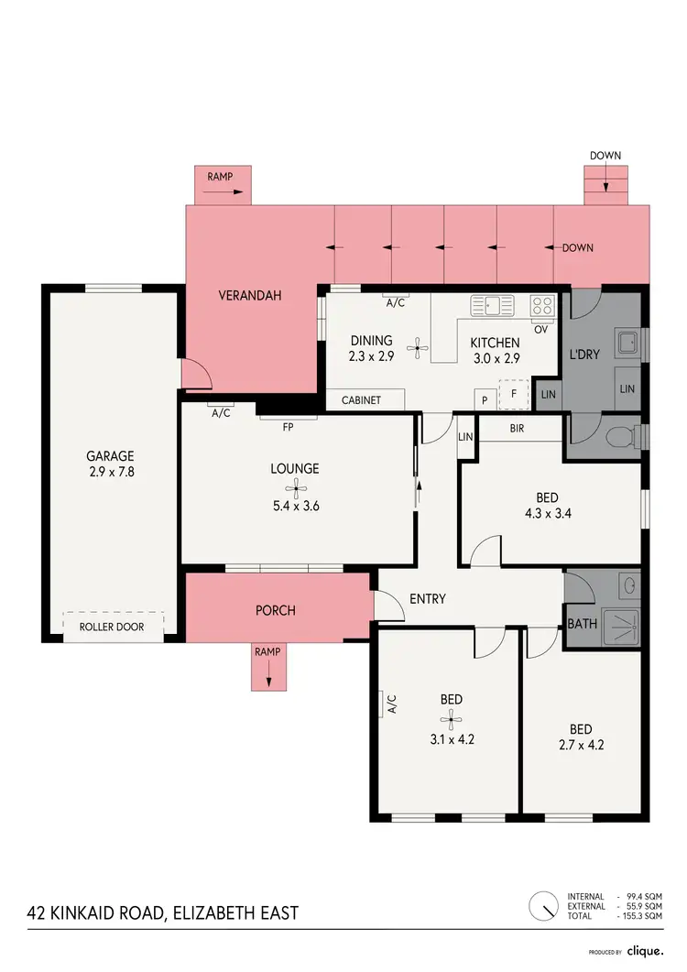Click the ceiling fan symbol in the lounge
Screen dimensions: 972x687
[295, 489]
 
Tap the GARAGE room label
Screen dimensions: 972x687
[110, 455]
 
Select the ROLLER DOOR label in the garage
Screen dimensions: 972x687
[113, 629]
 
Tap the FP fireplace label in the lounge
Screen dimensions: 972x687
[288, 426]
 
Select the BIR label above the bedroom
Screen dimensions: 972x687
[516, 428]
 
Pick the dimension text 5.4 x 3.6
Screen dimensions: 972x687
[295, 505]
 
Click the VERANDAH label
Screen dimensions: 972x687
[249, 296]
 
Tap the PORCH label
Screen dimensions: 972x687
[276, 609]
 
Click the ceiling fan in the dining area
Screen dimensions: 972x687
[418, 346]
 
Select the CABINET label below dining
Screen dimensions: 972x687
[361, 400]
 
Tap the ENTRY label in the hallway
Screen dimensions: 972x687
[428, 599]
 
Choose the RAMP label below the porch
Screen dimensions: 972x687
[268, 652]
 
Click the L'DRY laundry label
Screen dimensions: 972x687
[584, 354]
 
